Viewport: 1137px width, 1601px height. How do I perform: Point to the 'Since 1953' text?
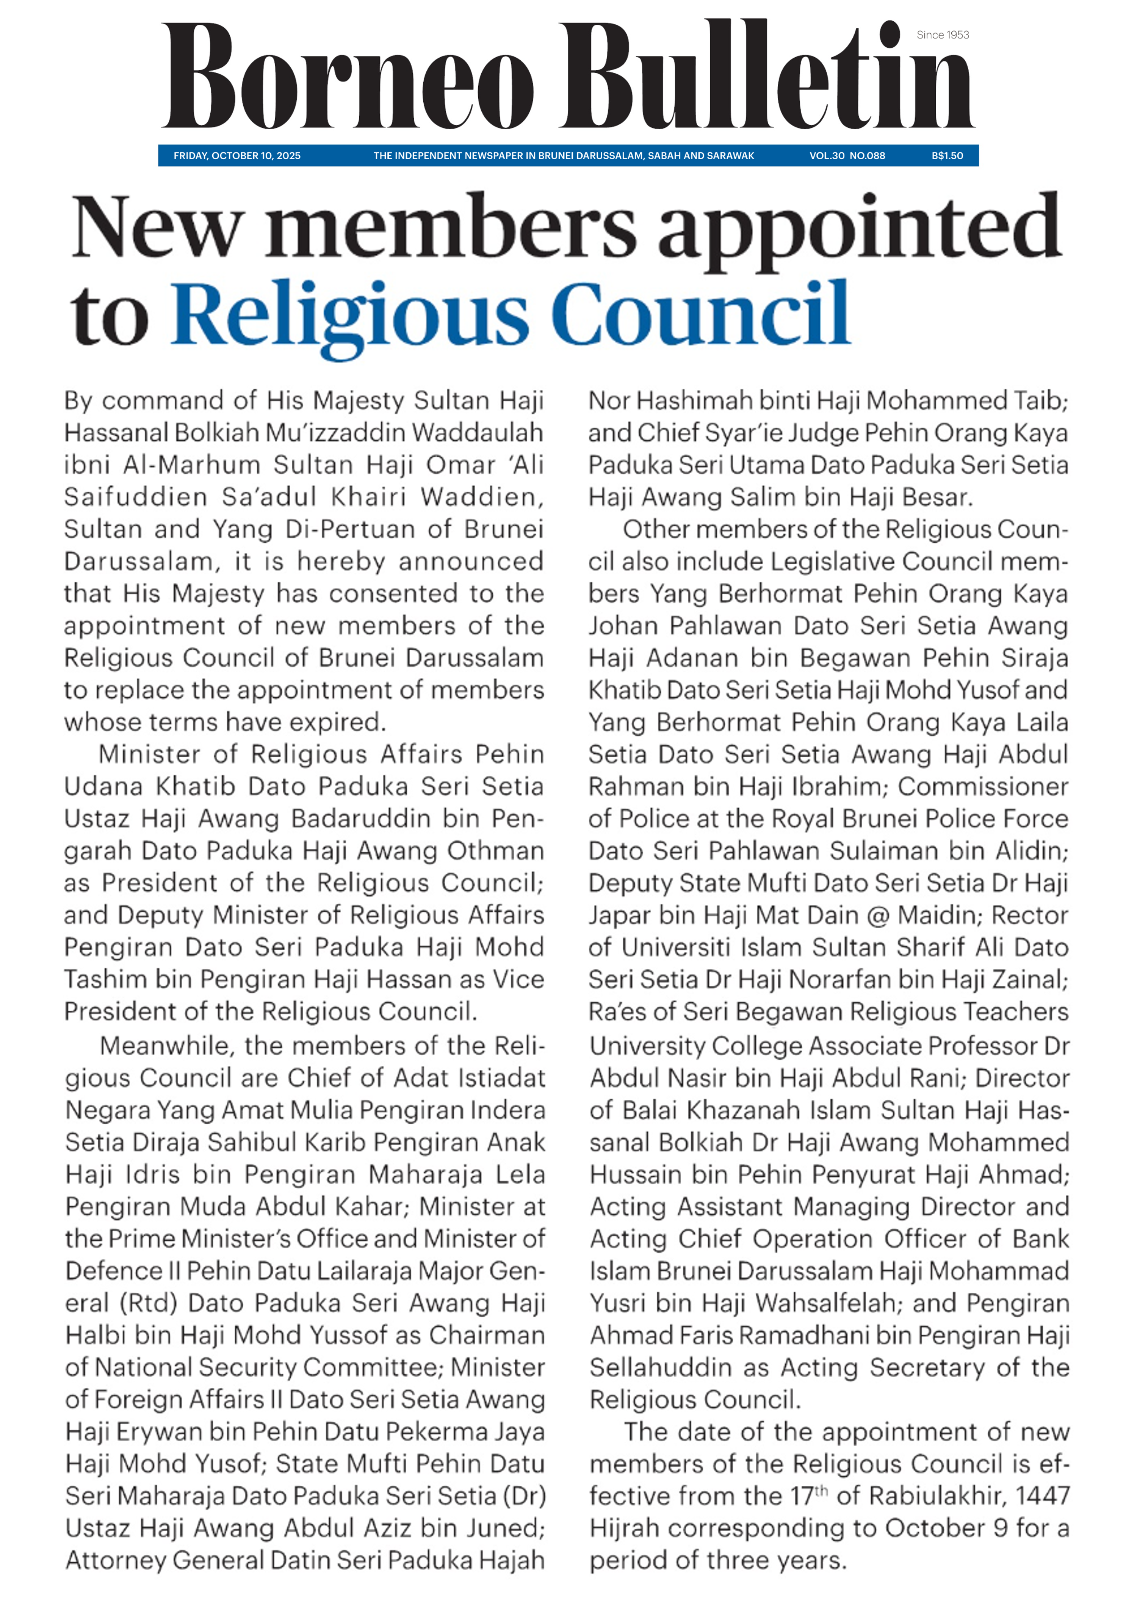(x=942, y=35)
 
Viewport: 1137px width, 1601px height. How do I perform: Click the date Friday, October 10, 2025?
(x=236, y=155)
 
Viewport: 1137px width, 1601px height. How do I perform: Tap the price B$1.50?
(x=947, y=155)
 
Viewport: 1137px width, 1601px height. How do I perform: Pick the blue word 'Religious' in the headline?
(x=350, y=315)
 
